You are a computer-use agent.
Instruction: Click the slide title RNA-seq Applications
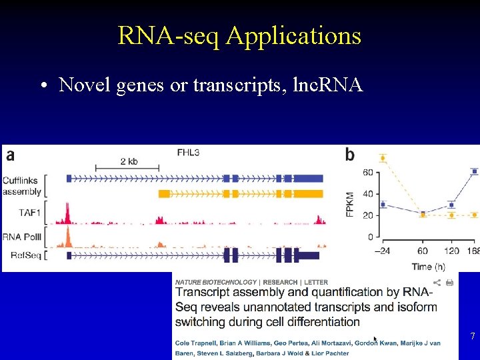[239, 35]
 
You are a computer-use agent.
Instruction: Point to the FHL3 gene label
[188, 153]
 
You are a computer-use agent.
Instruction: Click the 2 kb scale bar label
[129, 161]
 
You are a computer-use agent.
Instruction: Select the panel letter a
[10, 155]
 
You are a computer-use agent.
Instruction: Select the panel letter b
[350, 155]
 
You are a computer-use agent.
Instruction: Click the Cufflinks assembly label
[22, 185]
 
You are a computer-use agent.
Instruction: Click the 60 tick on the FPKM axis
[367, 173]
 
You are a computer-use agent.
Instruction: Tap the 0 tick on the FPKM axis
[370, 237]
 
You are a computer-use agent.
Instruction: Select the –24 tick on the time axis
[382, 251]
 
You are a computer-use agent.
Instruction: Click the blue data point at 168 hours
[474, 171]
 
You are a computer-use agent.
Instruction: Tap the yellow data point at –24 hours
[383, 158]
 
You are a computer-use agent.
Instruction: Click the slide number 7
[472, 337]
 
